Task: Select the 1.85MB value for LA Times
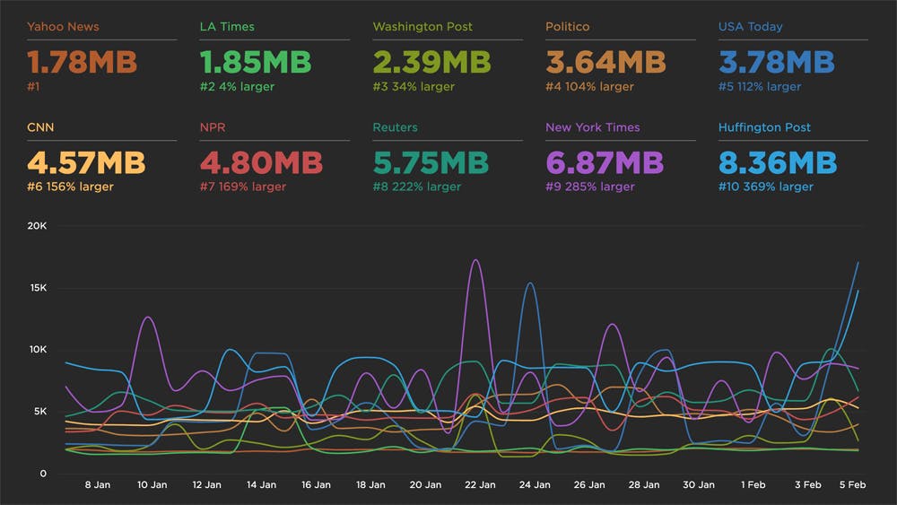click(x=255, y=63)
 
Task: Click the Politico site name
click(x=568, y=27)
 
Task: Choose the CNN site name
click(x=41, y=127)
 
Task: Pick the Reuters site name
click(x=395, y=127)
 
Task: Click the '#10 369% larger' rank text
click(x=765, y=187)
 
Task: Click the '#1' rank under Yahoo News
click(x=35, y=87)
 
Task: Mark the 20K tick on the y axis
click(x=37, y=227)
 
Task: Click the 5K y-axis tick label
click(x=39, y=412)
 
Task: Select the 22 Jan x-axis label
click(x=480, y=484)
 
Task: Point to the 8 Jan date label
click(x=97, y=484)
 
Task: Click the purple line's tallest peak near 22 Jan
click(x=475, y=260)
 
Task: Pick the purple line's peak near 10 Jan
click(x=148, y=318)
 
